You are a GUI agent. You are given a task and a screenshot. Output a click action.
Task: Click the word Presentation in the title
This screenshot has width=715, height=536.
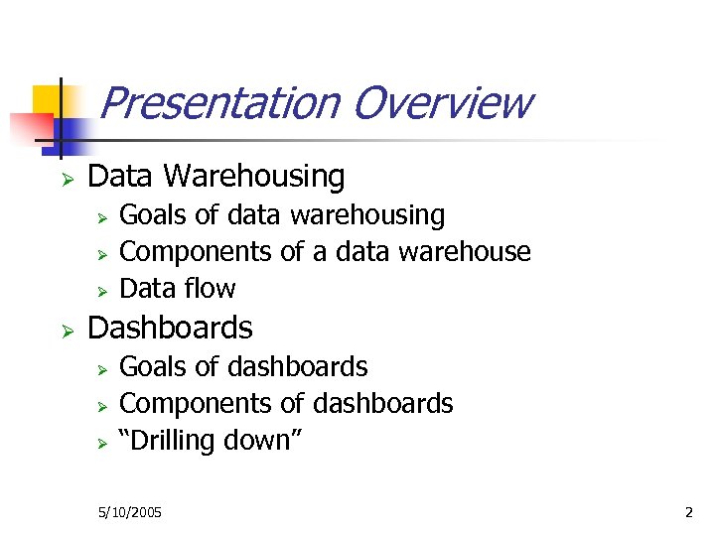[x=218, y=103]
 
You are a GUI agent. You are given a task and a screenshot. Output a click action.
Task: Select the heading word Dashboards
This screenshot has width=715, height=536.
[x=171, y=328]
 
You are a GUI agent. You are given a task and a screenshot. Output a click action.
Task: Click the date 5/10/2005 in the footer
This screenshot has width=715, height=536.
[x=130, y=513]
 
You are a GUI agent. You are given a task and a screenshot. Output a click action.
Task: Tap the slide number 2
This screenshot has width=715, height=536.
[x=688, y=513]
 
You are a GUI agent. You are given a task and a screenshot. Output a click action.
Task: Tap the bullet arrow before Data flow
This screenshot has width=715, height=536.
[x=100, y=291]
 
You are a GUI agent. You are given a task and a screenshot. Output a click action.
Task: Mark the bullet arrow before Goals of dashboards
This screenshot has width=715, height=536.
[x=100, y=369]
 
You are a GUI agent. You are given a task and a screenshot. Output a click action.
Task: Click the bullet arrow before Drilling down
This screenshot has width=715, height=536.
[x=100, y=443]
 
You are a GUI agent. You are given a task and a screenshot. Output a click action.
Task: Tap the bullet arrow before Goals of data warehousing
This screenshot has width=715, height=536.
[x=100, y=216]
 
